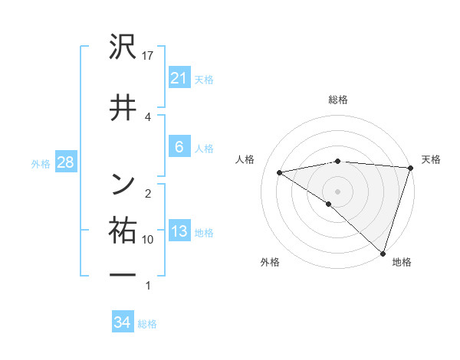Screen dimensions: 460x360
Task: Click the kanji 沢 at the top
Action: [123, 50]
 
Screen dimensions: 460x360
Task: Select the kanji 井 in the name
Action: [123, 107]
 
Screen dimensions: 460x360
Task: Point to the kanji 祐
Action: [123, 231]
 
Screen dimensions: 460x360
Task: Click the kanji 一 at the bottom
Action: [123, 274]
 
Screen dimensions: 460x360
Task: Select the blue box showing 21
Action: [179, 78]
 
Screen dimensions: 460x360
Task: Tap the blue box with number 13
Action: [179, 232]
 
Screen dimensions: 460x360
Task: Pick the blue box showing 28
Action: [64, 162]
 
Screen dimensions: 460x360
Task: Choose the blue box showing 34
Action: [122, 322]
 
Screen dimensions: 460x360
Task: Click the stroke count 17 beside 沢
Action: [148, 56]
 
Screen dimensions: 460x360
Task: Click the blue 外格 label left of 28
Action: [41, 163]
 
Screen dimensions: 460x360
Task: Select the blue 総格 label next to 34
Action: [147, 324]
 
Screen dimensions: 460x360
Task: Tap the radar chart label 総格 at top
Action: [337, 100]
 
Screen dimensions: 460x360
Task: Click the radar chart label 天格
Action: [431, 159]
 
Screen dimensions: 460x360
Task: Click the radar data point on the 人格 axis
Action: [280, 172]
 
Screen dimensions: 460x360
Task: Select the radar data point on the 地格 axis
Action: [383, 253]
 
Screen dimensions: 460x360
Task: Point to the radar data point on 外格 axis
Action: [329, 204]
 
